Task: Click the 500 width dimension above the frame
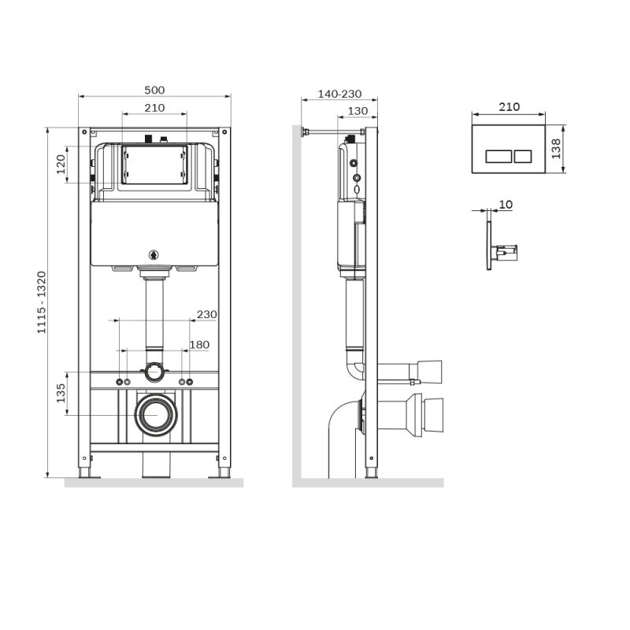154,91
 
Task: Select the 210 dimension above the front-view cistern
154,108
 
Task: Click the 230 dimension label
206,314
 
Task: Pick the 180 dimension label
200,344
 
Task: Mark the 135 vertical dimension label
61,393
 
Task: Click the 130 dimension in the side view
358,111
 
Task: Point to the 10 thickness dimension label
506,205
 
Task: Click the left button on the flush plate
497,156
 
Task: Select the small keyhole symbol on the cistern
154,254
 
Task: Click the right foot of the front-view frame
224,472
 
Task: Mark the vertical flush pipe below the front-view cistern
154,315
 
